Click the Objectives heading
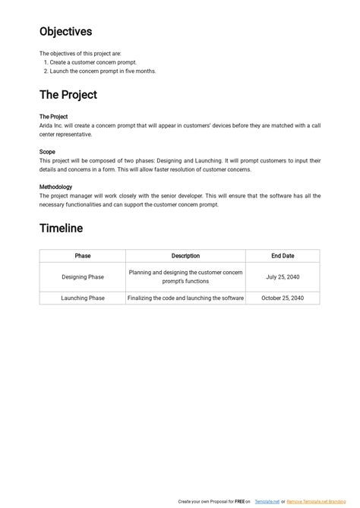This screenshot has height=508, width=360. [x=66, y=32]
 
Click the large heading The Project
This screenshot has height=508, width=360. [x=68, y=95]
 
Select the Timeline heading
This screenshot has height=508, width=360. [x=62, y=228]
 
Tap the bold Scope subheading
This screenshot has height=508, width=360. [x=47, y=152]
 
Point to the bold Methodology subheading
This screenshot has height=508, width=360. [x=56, y=187]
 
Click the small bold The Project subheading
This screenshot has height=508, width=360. [x=54, y=117]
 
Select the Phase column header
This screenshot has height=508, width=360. [x=83, y=256]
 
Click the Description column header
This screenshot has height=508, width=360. [x=185, y=256]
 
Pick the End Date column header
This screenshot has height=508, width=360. [x=283, y=256]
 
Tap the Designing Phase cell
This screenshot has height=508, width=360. [x=83, y=277]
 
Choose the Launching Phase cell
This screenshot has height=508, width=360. [x=83, y=298]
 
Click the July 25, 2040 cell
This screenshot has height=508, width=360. [x=283, y=277]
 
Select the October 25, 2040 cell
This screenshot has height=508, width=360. [x=283, y=298]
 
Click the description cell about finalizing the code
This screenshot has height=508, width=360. [x=185, y=298]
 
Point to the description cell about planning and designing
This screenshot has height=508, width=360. [x=185, y=277]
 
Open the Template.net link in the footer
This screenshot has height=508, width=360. [x=266, y=502]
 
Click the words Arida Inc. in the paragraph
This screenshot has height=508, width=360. [x=52, y=125]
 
